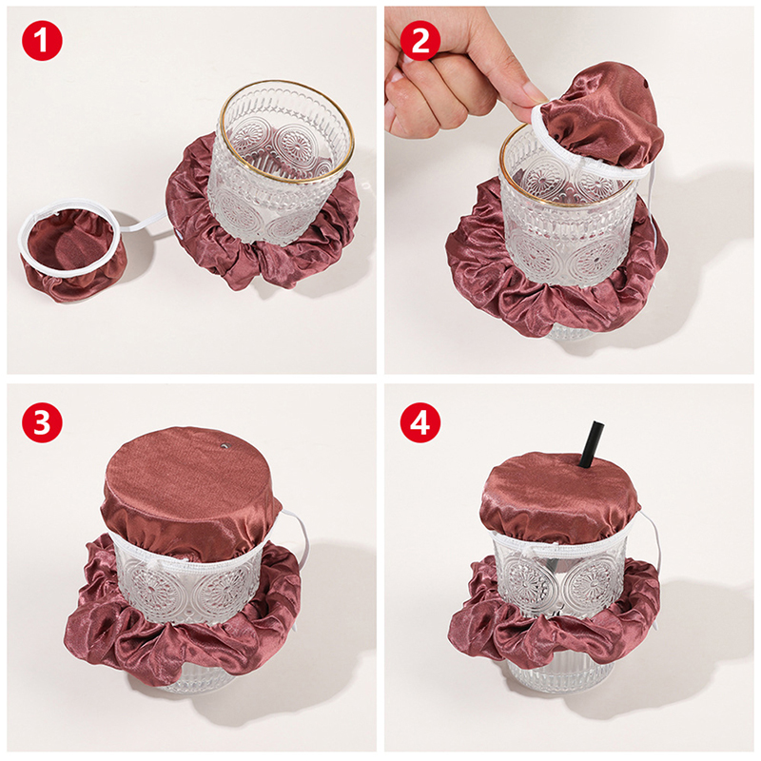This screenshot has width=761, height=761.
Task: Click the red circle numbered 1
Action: [42, 40]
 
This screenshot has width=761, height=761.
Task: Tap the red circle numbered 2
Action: [420, 40]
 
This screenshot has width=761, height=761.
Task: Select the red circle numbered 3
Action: [42, 421]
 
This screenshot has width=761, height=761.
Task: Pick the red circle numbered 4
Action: [420, 421]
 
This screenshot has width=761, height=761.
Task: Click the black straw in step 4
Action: [591, 445]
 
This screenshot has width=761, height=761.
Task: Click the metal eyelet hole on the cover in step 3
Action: [224, 444]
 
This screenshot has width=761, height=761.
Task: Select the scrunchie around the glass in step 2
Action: [554, 272]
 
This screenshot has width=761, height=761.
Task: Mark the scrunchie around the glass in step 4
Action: [554, 616]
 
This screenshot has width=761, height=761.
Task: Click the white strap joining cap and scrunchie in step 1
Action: [145, 224]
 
